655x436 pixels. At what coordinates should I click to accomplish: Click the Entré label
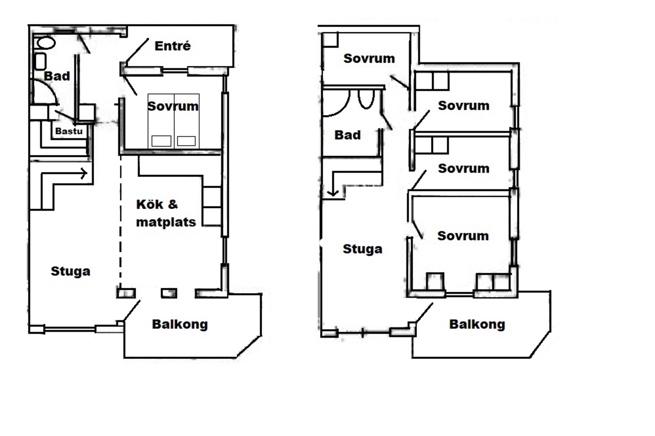tap(173, 46)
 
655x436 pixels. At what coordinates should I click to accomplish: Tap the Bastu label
tap(69, 131)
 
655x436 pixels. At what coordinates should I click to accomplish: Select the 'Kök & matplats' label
tap(166, 213)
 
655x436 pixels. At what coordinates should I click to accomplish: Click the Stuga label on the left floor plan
tap(70, 272)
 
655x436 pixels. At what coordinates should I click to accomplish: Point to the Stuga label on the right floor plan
tap(362, 249)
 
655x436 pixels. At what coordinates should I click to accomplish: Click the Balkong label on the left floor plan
tap(180, 325)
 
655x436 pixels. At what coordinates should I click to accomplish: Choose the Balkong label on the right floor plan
tap(477, 325)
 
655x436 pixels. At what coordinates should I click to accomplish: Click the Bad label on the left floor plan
tap(57, 76)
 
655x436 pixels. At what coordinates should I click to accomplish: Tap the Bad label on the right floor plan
tap(348, 135)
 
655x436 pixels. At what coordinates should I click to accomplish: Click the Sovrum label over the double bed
tap(173, 106)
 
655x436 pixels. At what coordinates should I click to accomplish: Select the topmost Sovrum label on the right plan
tap(369, 58)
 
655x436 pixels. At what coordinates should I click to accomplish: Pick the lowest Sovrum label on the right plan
tap(463, 236)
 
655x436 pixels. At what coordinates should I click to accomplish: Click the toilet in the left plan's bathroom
tap(46, 43)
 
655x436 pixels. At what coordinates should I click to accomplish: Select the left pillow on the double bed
tap(161, 141)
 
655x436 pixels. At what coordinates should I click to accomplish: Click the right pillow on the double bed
tap(186, 141)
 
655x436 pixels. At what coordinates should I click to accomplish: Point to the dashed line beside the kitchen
tap(121, 222)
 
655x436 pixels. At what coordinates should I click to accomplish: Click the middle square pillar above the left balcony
tap(169, 293)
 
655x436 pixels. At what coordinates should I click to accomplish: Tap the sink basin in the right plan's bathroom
tap(366, 99)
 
